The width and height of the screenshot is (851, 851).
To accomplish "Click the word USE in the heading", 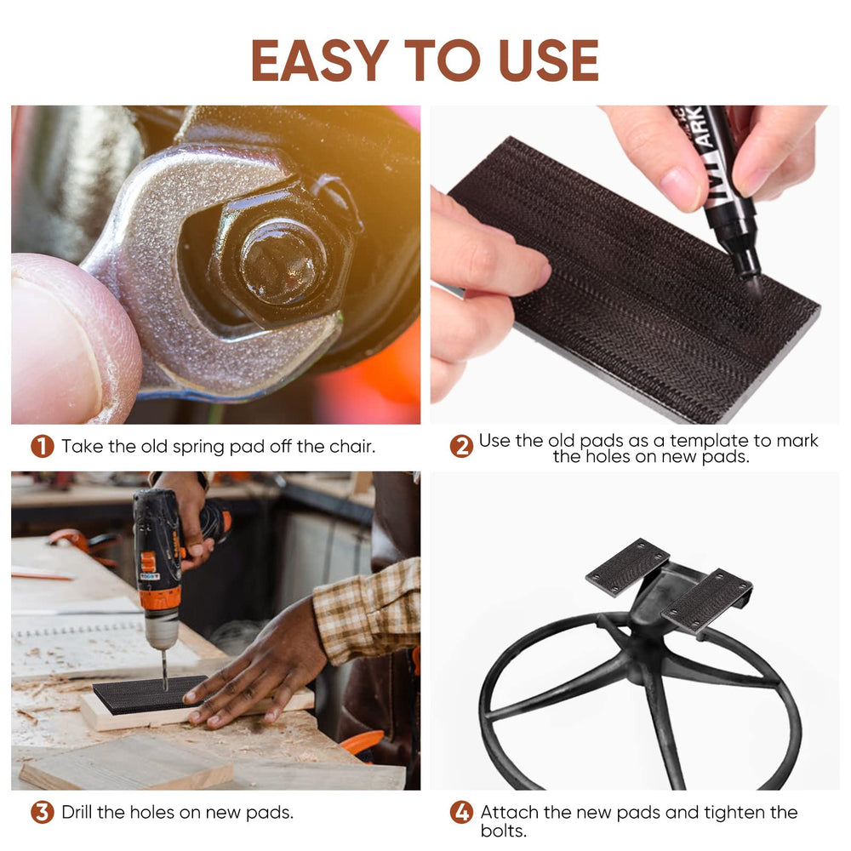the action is pyautogui.click(x=548, y=60).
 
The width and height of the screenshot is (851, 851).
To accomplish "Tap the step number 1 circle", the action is pyautogui.click(x=43, y=446).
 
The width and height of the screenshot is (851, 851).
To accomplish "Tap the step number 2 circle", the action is pyautogui.click(x=461, y=446).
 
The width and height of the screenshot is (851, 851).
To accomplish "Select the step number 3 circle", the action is pyautogui.click(x=43, y=813).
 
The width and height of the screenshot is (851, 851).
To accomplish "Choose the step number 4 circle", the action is pyautogui.click(x=461, y=813).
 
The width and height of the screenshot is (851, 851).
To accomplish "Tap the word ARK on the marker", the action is pyautogui.click(x=704, y=128).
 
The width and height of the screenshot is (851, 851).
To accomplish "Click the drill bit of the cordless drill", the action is pyautogui.click(x=164, y=671).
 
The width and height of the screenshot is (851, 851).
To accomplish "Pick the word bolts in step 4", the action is pyautogui.click(x=503, y=831).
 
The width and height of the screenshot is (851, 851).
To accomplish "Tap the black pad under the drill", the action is pyautogui.click(x=149, y=694).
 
